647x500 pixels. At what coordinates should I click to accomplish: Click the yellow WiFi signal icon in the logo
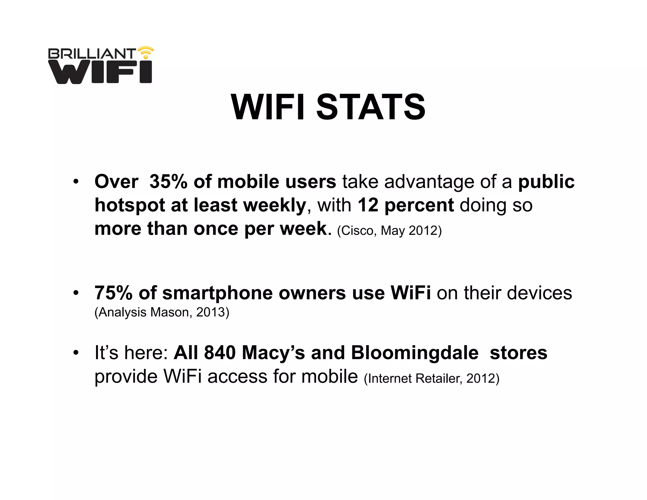146,52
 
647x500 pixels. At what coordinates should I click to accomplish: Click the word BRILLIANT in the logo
92,54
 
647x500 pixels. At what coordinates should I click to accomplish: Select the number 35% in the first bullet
168,182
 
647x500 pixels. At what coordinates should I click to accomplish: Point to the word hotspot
130,205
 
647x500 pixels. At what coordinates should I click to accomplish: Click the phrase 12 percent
406,205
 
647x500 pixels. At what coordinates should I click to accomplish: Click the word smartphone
218,293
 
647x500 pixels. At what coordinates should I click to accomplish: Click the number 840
220,353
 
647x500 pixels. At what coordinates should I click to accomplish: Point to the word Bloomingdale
414,353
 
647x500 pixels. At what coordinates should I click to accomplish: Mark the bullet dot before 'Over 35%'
76,182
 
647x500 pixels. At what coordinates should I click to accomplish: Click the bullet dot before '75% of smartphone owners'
76,293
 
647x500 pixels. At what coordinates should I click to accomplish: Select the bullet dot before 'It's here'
76,353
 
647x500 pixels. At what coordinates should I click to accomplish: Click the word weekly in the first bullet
275,206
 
